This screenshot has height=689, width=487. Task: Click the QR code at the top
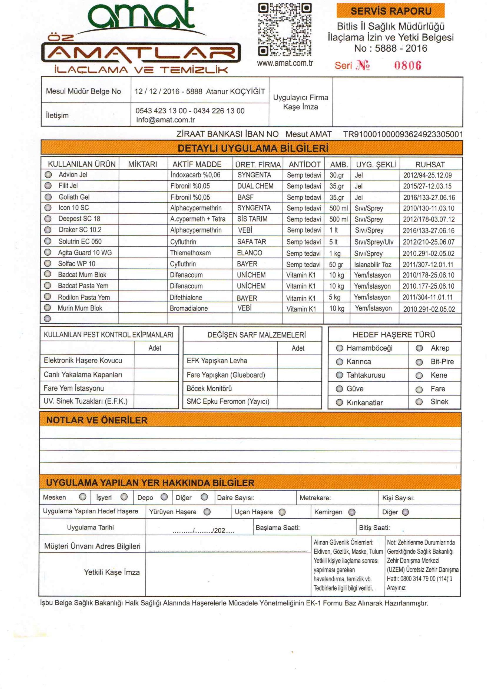[x=285, y=29]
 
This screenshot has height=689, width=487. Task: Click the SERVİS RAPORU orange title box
[x=390, y=11]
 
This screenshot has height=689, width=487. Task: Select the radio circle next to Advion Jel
[x=48, y=175]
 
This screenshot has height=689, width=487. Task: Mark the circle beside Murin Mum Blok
[x=47, y=308]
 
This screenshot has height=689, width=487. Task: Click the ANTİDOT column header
[x=304, y=164]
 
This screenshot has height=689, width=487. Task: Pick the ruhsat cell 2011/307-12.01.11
[x=428, y=264]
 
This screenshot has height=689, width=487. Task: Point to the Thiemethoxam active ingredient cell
[x=190, y=253]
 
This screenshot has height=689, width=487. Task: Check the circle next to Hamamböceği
[x=339, y=348]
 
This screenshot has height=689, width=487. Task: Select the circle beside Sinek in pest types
[x=419, y=402]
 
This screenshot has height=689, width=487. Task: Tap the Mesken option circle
[x=83, y=497]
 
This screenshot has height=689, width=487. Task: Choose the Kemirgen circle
[x=352, y=512]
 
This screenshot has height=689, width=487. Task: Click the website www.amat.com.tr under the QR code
[x=285, y=63]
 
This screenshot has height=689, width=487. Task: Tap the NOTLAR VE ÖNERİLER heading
[x=97, y=420]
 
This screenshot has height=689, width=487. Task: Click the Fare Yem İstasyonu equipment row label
[x=74, y=388]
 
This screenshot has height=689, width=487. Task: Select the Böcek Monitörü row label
[x=209, y=389]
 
